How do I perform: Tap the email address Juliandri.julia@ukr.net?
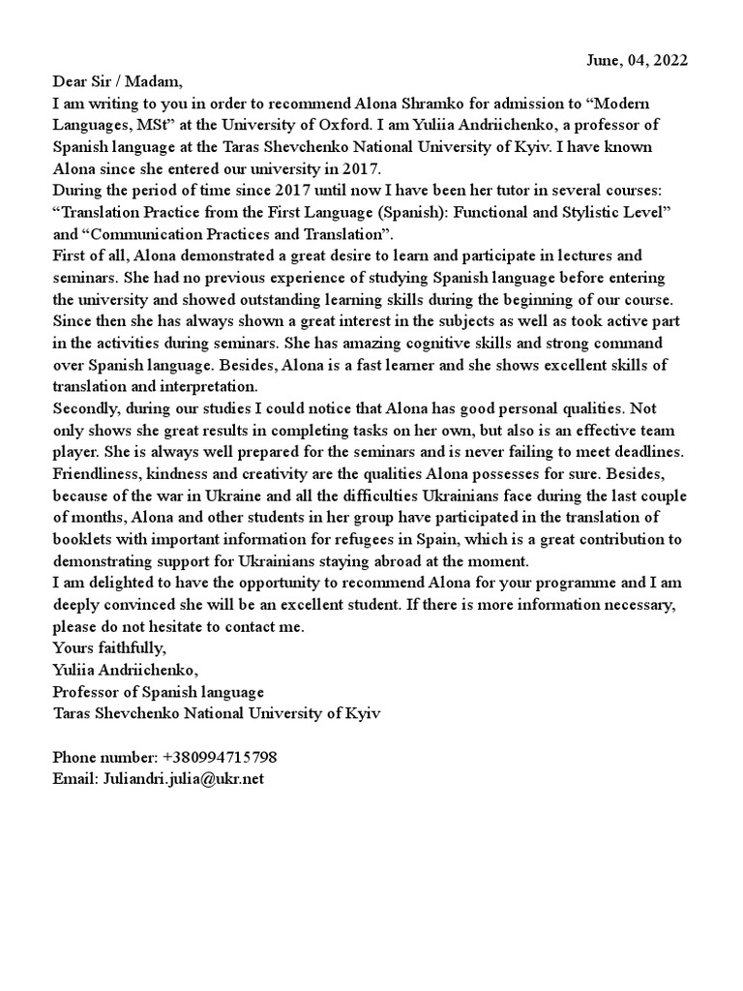tap(183, 777)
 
